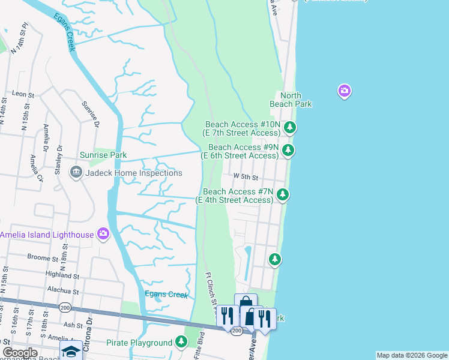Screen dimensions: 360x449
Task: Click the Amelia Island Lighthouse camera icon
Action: point(103,234)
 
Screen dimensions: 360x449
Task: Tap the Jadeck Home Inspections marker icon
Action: point(76,173)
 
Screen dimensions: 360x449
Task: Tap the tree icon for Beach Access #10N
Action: point(290,127)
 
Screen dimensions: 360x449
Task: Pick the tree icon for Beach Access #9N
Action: point(289,150)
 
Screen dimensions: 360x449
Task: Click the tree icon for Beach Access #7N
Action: point(283,194)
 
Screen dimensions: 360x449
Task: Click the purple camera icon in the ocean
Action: point(345,91)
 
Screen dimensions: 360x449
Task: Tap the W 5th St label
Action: point(246,178)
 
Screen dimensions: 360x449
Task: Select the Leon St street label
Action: point(22,94)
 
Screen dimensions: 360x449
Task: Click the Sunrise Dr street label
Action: point(90,115)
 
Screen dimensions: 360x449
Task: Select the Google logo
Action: point(20,353)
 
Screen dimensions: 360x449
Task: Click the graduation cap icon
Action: point(71,352)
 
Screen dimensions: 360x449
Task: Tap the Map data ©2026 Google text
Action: point(412,355)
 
